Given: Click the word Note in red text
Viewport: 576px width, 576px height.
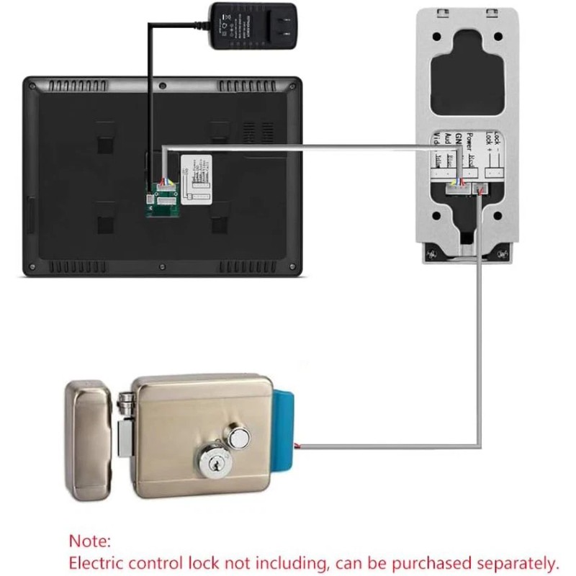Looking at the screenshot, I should click(x=90, y=540).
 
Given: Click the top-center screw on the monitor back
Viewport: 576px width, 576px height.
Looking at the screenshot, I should click(x=163, y=86).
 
